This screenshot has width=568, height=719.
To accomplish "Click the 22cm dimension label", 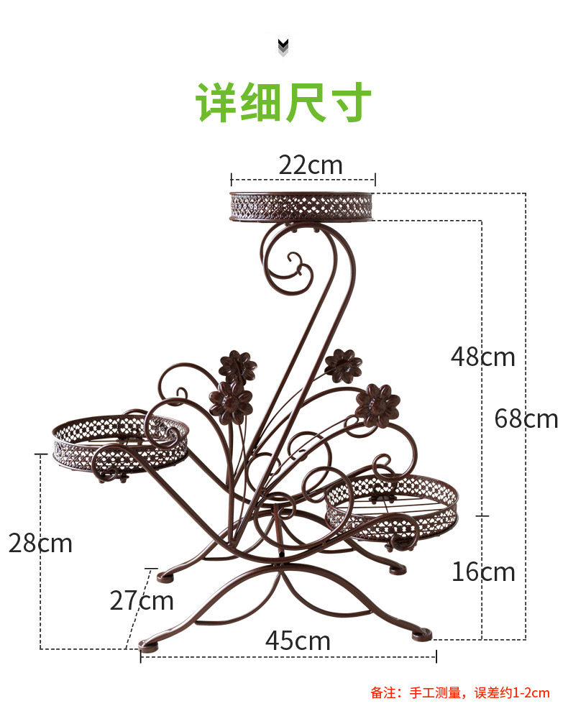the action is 311,165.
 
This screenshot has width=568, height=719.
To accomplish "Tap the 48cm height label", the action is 482,356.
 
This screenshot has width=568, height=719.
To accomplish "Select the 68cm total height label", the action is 526,418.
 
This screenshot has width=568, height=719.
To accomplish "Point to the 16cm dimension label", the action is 483,572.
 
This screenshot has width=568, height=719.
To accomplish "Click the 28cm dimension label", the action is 40,543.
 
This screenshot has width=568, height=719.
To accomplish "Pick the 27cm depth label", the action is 142,600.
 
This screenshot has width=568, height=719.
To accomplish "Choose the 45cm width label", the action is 298,640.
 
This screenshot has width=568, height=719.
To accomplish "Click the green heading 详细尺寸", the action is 284,103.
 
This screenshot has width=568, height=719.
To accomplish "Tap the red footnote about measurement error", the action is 459,693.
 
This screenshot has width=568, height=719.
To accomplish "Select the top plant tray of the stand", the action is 303,206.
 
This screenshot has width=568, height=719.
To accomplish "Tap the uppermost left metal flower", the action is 237,366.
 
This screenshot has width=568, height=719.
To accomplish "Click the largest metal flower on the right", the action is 377,405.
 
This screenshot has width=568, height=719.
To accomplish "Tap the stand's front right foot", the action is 422,633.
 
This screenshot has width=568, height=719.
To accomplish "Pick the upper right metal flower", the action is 342,365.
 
